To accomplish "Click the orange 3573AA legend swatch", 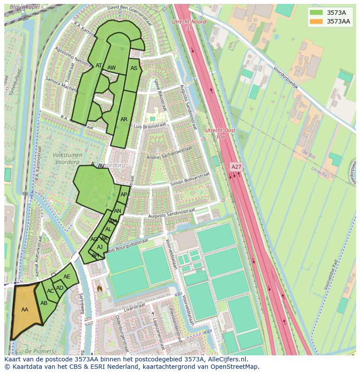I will coord(316,21).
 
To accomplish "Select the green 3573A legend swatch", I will coord(316,13).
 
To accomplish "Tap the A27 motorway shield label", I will coord(236,167).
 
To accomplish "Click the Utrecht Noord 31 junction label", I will coord(189,24).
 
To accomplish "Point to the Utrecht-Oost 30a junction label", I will coord(220,133).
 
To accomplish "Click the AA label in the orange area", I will coord(25,310).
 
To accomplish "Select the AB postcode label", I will coord(44,303).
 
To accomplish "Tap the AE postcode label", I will coord(67,277).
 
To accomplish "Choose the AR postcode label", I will coord(124,119).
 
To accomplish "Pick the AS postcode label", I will coord(134,68).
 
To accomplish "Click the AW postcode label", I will coord(112,68).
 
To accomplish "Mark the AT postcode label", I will coord(99,66).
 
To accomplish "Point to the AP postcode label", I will coord(124,195).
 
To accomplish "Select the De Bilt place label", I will coord(308,154).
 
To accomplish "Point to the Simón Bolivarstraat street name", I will coord(190,179).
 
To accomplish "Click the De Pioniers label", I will coord(40,351).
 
